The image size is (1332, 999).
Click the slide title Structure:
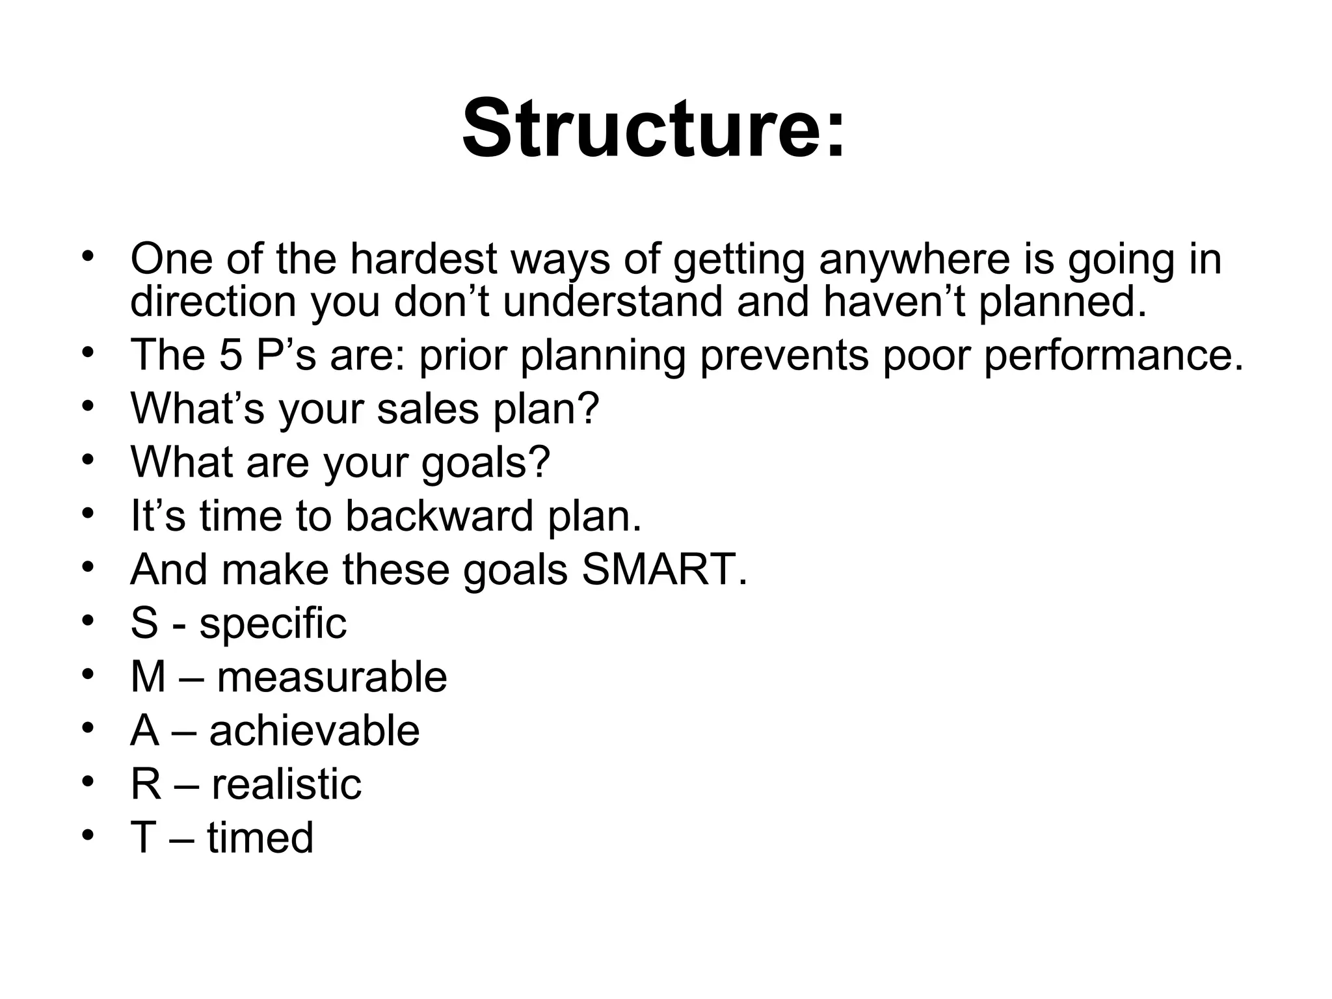pos(654,128)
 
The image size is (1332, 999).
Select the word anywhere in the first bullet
pos(914,259)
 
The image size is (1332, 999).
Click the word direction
pos(213,302)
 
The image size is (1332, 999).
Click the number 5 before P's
pos(230,356)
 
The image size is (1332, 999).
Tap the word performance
pos(1113,356)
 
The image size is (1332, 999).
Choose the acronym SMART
pos(664,569)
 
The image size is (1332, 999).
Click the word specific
pos(273,623)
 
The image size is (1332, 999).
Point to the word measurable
pos(332,677)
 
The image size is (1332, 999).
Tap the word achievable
pos(314,730)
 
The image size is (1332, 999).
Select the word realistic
pos(286,784)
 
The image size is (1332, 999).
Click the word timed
pos(260,837)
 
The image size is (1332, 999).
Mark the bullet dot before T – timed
pos(88,834)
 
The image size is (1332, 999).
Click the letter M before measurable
pos(148,677)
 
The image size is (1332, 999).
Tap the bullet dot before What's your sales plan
pos(88,406)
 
